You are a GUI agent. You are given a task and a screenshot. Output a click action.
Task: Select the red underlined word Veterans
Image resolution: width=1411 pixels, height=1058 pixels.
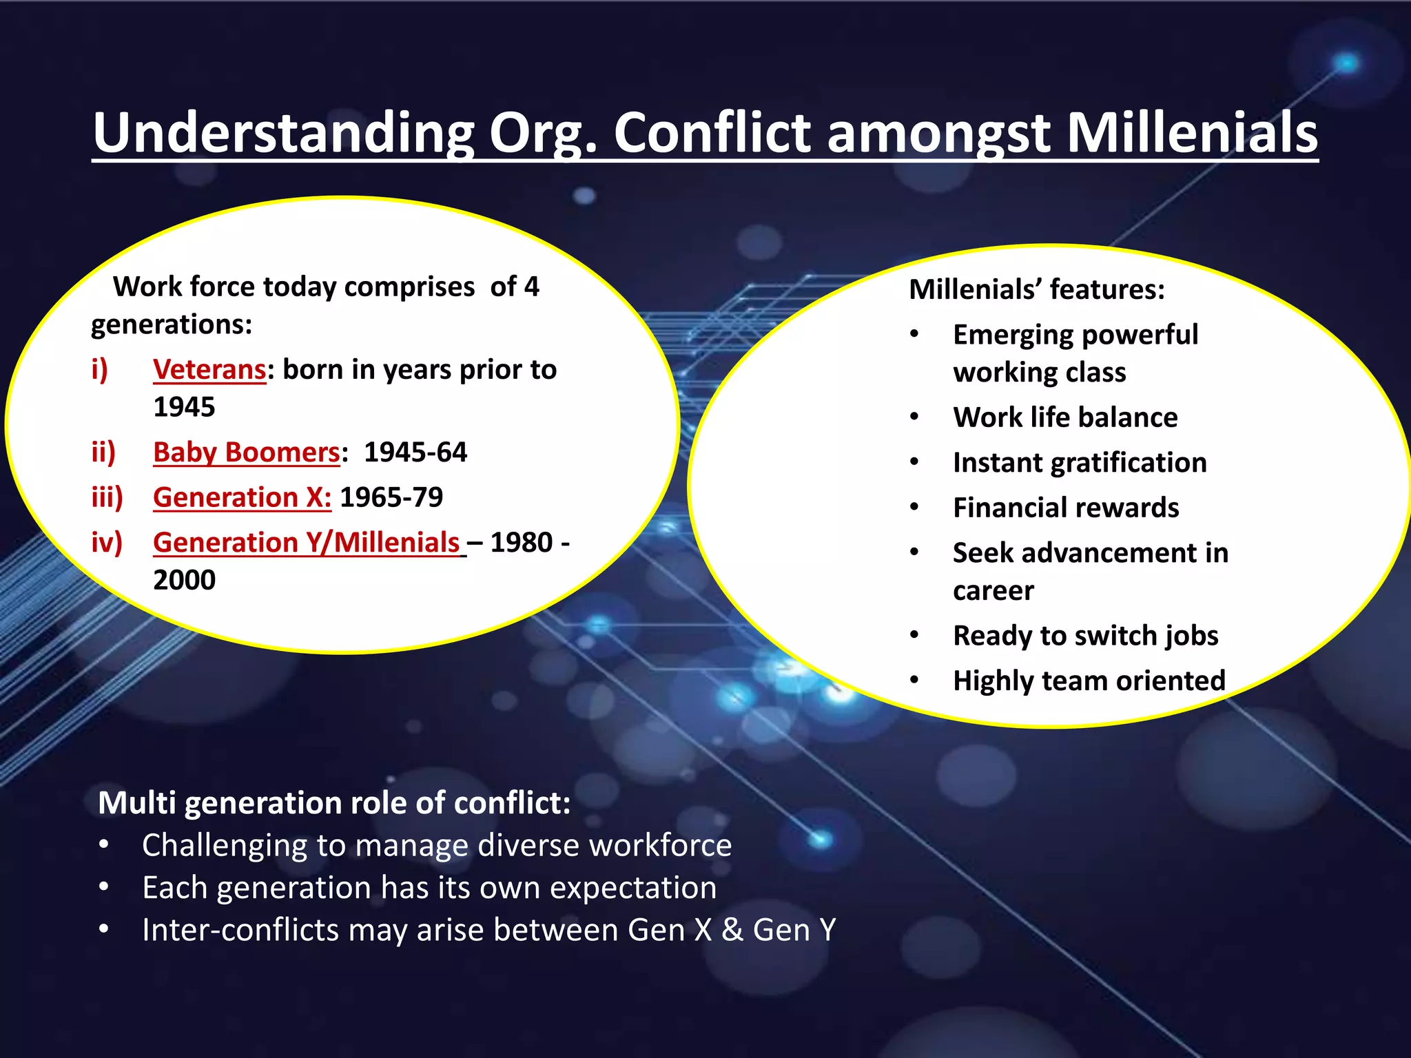tap(209, 370)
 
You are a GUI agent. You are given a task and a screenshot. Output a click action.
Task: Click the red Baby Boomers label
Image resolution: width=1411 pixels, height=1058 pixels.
tap(246, 453)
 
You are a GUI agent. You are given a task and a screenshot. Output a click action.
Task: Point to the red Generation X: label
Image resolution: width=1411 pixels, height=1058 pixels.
tap(242, 497)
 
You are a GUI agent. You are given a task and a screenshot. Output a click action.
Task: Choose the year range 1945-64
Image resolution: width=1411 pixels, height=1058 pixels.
tap(415, 453)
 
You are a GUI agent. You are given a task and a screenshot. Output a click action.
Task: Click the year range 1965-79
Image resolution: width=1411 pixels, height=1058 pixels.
tap(391, 497)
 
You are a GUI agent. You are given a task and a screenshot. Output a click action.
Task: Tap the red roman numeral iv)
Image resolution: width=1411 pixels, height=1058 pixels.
tap(107, 543)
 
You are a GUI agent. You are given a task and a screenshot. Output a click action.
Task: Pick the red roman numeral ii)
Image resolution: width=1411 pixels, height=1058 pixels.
tap(103, 453)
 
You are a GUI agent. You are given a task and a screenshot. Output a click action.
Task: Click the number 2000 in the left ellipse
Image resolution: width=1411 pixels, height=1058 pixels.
tap(184, 580)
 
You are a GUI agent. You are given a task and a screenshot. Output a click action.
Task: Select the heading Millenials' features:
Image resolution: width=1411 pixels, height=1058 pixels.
tap(1037, 289)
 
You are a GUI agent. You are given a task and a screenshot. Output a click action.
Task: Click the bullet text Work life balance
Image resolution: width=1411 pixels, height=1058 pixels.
tap(1065, 417)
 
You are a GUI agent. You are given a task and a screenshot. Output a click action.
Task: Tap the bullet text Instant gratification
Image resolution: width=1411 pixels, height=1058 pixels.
tap(1080, 463)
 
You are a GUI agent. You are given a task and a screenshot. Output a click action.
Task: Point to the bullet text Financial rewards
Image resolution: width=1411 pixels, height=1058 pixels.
tap(1066, 508)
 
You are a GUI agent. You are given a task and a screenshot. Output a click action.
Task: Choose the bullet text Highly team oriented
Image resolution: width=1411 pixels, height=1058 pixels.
tap(1089, 681)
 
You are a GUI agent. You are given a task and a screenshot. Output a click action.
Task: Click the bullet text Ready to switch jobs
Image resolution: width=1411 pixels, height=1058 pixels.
tap(1086, 636)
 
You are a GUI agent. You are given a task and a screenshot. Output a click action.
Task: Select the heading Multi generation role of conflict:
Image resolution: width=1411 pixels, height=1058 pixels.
tap(334, 803)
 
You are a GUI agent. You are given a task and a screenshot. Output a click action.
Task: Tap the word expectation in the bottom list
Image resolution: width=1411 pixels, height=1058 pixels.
tap(633, 888)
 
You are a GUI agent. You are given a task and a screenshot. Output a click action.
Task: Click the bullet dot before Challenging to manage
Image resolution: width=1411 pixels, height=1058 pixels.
tap(103, 845)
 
